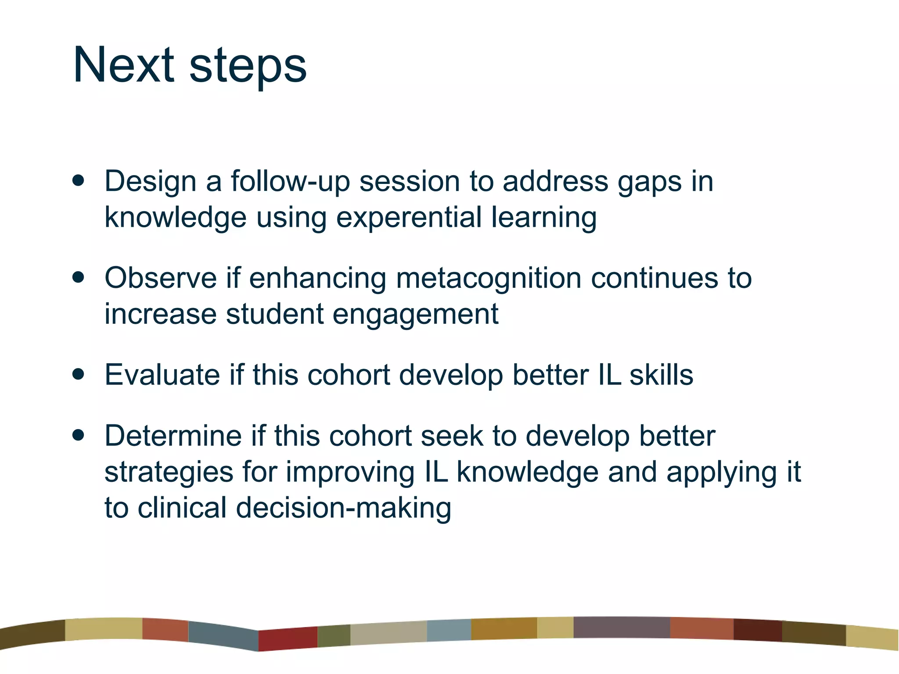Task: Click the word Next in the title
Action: [x=123, y=65]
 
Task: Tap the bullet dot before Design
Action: [x=79, y=180]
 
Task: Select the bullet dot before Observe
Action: [x=79, y=277]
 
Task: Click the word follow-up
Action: [x=290, y=181]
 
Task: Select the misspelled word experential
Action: [x=409, y=218]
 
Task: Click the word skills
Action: [x=661, y=375]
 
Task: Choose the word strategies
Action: [x=169, y=473]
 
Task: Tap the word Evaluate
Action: [x=162, y=375]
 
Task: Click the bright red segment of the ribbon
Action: [x=288, y=638]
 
